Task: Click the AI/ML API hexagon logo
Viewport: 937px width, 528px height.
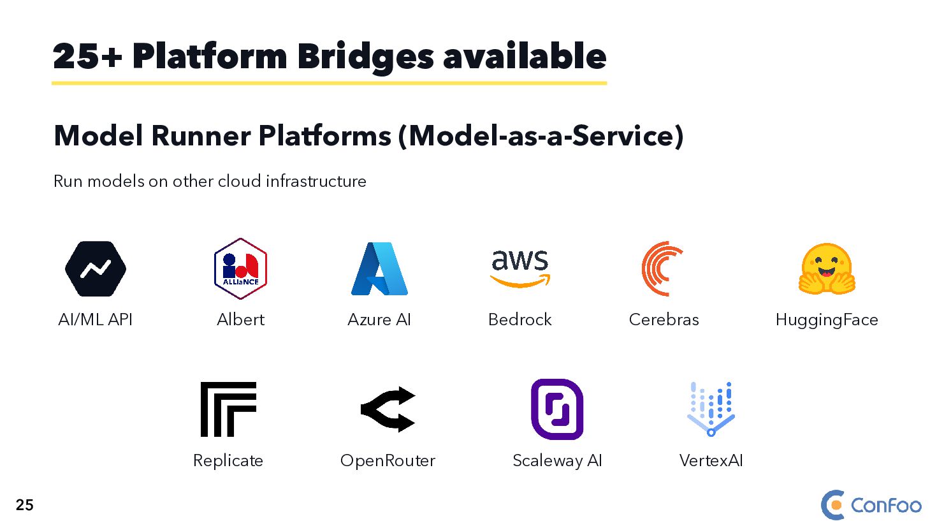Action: (x=96, y=269)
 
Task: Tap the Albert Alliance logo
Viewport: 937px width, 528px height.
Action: (x=240, y=268)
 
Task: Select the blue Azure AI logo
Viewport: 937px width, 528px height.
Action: (x=379, y=268)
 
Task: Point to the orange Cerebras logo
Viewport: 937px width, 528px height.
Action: (x=663, y=268)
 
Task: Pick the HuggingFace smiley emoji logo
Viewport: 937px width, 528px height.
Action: (x=827, y=269)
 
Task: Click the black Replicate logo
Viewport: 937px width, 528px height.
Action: (x=228, y=409)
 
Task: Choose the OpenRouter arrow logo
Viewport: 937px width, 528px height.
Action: (x=388, y=409)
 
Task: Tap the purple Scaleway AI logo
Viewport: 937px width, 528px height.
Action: (x=557, y=409)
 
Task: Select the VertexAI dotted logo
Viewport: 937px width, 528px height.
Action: (x=711, y=409)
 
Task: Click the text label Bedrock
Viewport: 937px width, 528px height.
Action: (x=519, y=319)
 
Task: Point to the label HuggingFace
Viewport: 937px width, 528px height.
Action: (x=827, y=319)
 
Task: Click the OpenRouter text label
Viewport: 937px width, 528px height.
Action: (x=388, y=460)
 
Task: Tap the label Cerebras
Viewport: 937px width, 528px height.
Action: (x=664, y=319)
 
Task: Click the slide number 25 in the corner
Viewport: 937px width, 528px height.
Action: (x=25, y=505)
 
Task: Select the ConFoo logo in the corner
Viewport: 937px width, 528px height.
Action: (x=871, y=505)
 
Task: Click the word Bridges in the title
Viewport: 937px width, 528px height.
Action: (x=365, y=56)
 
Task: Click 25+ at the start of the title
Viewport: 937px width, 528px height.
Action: (x=87, y=56)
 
